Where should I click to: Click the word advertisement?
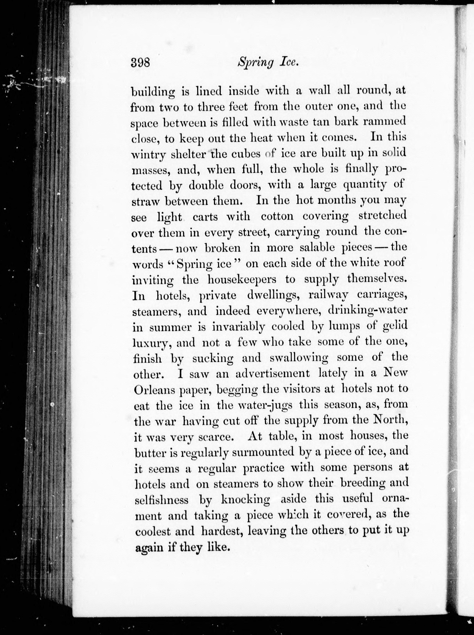[272, 373]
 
